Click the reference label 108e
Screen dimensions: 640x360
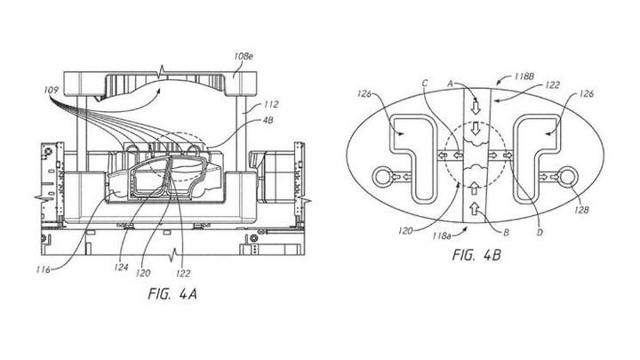(244, 57)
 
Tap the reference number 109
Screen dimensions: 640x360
(51, 90)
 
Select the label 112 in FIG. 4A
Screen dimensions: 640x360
(270, 105)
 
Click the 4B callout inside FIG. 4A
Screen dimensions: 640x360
(268, 121)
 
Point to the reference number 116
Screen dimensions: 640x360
(43, 269)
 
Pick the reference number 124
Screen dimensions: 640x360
(121, 268)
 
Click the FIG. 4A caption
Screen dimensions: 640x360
(172, 294)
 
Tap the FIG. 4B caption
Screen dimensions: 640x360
(476, 255)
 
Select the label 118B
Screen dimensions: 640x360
(524, 76)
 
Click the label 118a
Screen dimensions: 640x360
(443, 236)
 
